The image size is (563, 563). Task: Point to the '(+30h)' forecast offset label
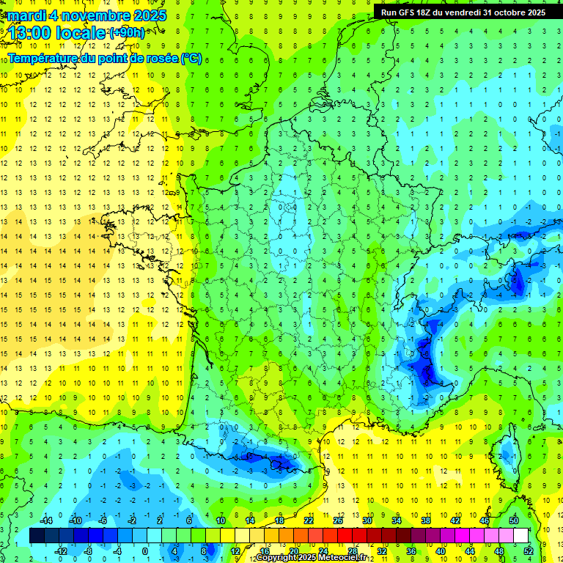click(127, 32)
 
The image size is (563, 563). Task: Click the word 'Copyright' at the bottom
click(276, 558)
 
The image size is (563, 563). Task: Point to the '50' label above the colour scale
click(514, 520)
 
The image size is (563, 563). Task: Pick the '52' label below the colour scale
click(529, 551)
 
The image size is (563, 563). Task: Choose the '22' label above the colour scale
click(309, 520)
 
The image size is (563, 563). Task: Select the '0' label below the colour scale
click(146, 551)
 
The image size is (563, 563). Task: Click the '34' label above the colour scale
click(397, 520)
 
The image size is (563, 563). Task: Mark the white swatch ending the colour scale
click(521, 535)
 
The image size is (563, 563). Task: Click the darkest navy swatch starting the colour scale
click(37, 535)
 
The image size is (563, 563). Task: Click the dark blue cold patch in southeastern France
click(424, 363)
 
